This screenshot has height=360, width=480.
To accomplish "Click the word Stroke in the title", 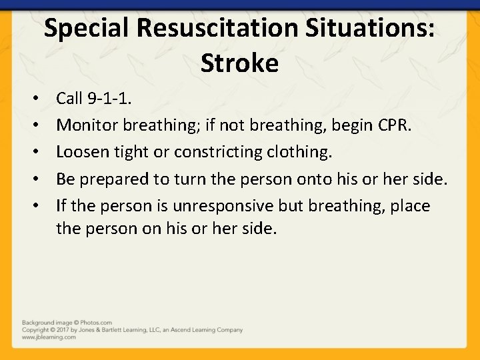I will [239, 63].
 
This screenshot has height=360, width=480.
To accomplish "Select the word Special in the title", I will [85, 29].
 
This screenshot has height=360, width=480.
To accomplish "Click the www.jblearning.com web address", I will [49, 337].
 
